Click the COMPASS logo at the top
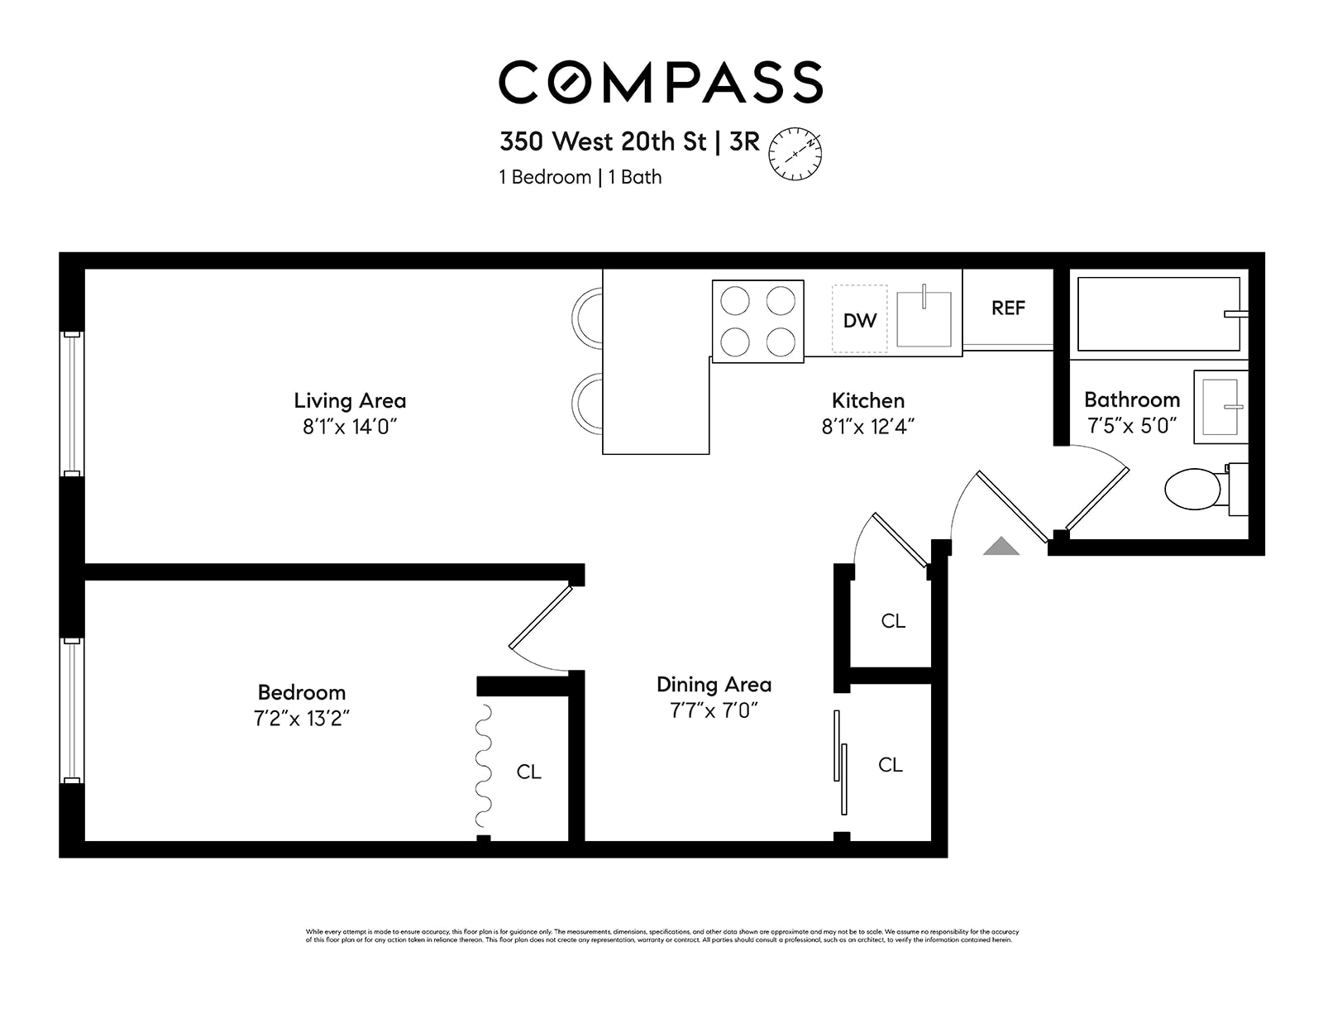point(660,82)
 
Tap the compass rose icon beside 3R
point(795,154)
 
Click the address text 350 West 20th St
point(603,141)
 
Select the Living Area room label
point(350,401)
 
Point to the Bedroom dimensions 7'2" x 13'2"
point(302,718)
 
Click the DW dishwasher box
point(859,320)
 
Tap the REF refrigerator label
point(1008,308)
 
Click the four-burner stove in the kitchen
point(757,322)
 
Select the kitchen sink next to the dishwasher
point(924,318)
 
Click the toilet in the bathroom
point(1195,489)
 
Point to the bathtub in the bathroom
point(1158,314)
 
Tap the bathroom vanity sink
point(1220,407)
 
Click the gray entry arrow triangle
point(1001,546)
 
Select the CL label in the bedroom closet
point(528,772)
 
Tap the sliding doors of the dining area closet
point(840,761)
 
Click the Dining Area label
point(714,685)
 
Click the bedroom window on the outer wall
point(72,710)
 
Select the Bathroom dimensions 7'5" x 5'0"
point(1131,427)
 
